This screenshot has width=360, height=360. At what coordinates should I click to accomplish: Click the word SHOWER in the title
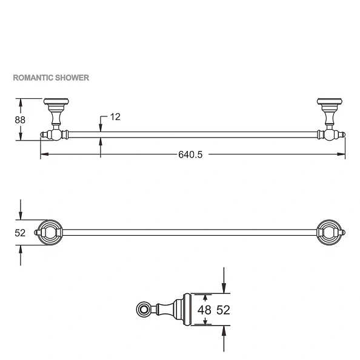pos(73,78)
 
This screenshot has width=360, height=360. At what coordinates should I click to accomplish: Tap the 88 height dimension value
pos(20,119)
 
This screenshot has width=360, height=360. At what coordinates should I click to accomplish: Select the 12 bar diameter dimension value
pos(115,116)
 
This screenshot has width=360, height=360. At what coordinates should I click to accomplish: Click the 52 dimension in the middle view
pos(20,232)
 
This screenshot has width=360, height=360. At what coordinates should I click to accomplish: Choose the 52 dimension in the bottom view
pos(223,310)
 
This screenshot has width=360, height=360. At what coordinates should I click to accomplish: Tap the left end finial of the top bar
pos(42,135)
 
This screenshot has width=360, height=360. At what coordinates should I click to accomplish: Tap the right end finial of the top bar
pos(343,135)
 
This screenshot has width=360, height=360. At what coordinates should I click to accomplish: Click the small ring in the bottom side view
pos(144,310)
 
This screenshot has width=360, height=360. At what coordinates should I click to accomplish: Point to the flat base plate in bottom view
pos(188,310)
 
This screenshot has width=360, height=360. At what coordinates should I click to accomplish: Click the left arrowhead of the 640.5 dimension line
pos(44,155)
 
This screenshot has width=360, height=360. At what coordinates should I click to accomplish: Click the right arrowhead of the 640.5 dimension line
pos(342,155)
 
